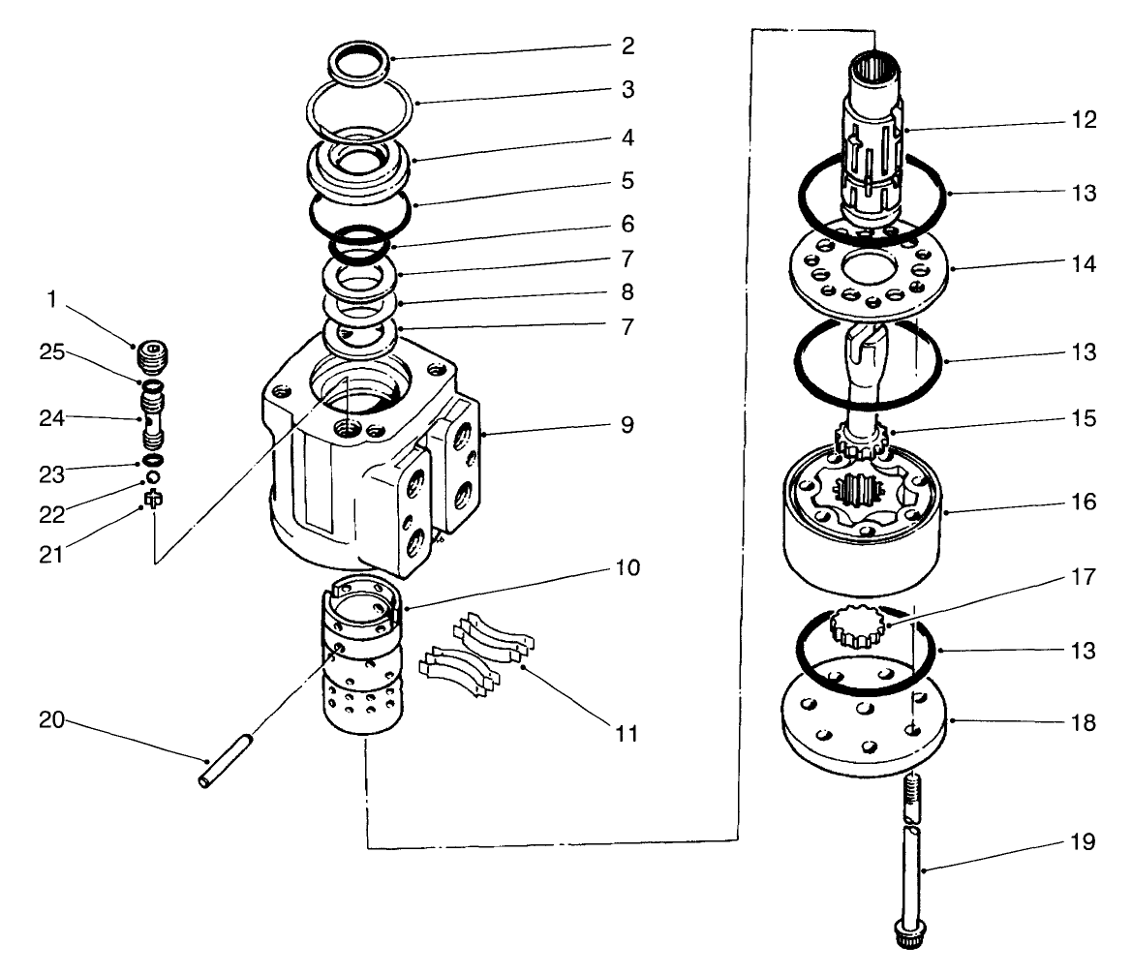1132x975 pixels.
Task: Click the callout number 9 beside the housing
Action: coord(627,425)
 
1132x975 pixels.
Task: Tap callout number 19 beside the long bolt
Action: coord(1085,842)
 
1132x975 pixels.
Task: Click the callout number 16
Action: coord(1085,503)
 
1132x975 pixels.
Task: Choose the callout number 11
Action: coord(627,733)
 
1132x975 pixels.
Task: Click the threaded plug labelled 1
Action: coord(148,356)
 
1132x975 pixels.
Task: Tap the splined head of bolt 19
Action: coord(907,935)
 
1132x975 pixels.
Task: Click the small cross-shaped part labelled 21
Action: coord(152,500)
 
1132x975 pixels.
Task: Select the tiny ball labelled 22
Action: coord(152,477)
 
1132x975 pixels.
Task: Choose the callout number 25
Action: coord(54,352)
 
